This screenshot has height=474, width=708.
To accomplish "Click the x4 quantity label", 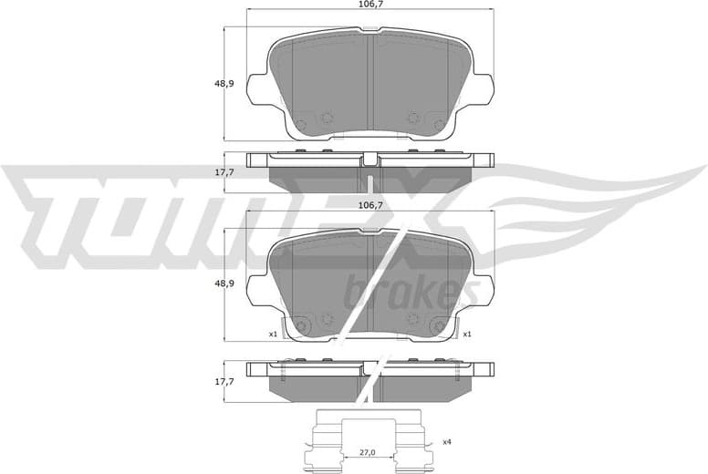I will [x=446, y=442].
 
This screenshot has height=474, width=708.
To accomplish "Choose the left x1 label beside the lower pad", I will [x=272, y=335].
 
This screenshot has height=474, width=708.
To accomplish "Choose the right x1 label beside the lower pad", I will [x=466, y=335].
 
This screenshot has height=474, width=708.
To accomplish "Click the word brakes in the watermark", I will [x=412, y=294].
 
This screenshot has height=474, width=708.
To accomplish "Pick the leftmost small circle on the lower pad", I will [x=303, y=325].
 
